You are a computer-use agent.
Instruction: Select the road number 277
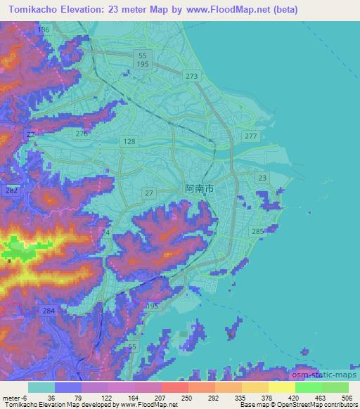(x=250, y=136)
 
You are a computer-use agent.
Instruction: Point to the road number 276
(x=82, y=134)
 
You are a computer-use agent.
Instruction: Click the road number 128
(x=129, y=142)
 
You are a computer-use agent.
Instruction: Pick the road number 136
(x=44, y=30)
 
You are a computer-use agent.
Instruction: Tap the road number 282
(x=11, y=190)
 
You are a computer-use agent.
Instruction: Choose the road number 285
(x=257, y=231)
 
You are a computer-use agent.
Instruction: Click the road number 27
(x=148, y=193)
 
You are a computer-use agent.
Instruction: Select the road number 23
(x=262, y=178)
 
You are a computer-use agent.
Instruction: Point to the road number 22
(x=30, y=134)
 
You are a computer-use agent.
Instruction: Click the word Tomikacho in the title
(x=32, y=10)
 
